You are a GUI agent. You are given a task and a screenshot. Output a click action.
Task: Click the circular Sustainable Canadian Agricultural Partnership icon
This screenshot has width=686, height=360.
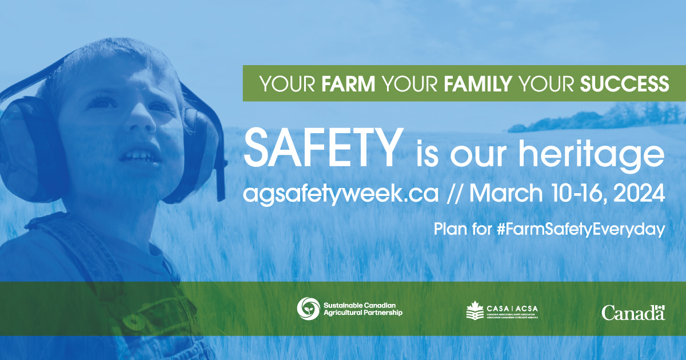coord(308,309)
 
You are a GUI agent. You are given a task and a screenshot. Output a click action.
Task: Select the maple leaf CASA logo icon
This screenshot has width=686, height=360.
coord(475,311)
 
